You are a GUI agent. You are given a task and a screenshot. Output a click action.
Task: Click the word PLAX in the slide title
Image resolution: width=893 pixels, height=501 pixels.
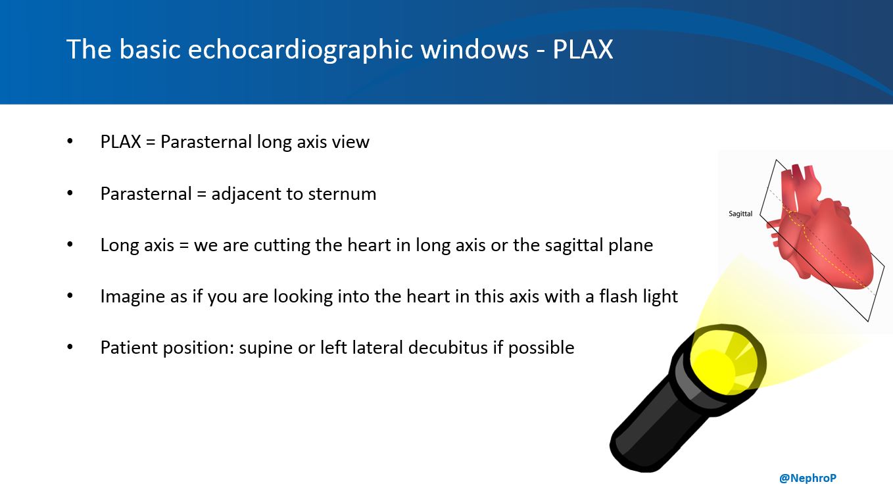coord(583,50)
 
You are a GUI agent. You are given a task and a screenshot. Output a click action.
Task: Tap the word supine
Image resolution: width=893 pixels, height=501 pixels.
coord(266,348)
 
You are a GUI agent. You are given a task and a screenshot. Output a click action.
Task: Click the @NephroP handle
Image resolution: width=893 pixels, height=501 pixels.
coord(808,478)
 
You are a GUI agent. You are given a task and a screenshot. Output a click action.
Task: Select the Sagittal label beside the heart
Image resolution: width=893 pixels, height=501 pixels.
coord(740,214)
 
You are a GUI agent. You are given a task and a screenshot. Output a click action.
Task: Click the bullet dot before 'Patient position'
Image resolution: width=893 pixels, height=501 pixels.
coord(70,347)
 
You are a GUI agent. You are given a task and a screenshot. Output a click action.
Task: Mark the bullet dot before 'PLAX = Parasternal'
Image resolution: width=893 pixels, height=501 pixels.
coord(70,142)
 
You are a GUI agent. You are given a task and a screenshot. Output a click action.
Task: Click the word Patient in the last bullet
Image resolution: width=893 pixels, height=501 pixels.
coord(128,347)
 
